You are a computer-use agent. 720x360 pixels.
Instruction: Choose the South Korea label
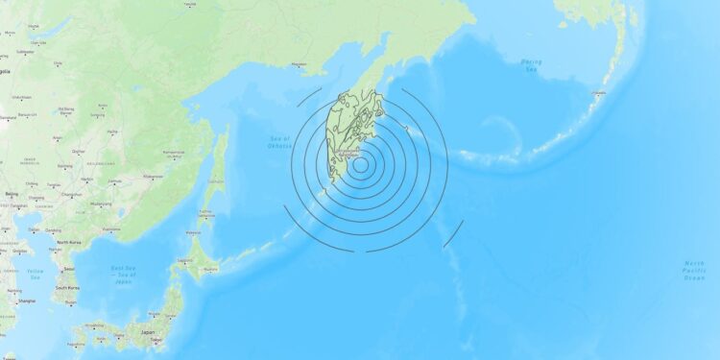pos(67,287)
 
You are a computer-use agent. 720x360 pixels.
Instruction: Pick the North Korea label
pos(68,243)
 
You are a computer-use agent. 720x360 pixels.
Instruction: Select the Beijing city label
pos(12,194)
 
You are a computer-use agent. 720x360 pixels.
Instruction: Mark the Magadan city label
pos(310,66)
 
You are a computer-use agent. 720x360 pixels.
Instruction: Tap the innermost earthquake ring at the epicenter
pos(360,164)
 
